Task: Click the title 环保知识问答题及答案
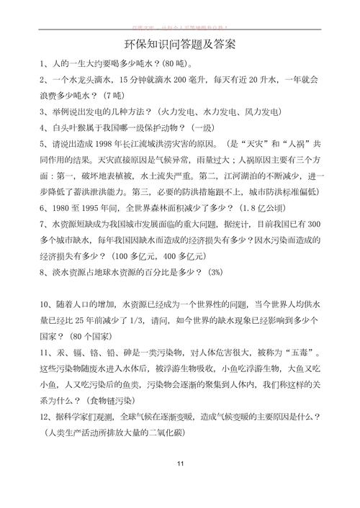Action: click(x=180, y=45)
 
